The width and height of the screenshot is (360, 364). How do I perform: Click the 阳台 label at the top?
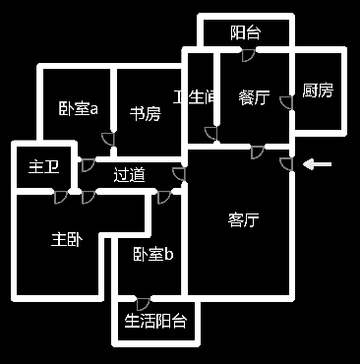coord(245,32)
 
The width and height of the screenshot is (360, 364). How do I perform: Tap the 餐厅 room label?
coord(254,97)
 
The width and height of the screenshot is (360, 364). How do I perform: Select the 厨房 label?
coord(318,91)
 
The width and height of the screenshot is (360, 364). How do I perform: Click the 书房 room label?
coord(145,113)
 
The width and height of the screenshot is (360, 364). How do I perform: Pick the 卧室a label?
coord(78,109)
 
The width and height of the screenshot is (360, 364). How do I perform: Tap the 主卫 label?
coord(44,167)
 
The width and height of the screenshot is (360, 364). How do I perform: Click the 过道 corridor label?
coord(129,175)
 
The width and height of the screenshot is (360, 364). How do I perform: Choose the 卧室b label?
coord(153,255)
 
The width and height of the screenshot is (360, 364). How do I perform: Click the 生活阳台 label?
coord(155,321)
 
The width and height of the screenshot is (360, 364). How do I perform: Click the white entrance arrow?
coord(317,164)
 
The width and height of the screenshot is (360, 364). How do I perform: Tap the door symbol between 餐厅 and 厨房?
coord(287,101)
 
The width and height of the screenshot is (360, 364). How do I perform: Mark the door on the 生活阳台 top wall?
coord(144,301)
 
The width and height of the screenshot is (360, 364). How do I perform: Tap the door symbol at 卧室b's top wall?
coord(163,196)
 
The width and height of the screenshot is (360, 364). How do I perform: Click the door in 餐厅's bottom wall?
coord(258,151)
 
